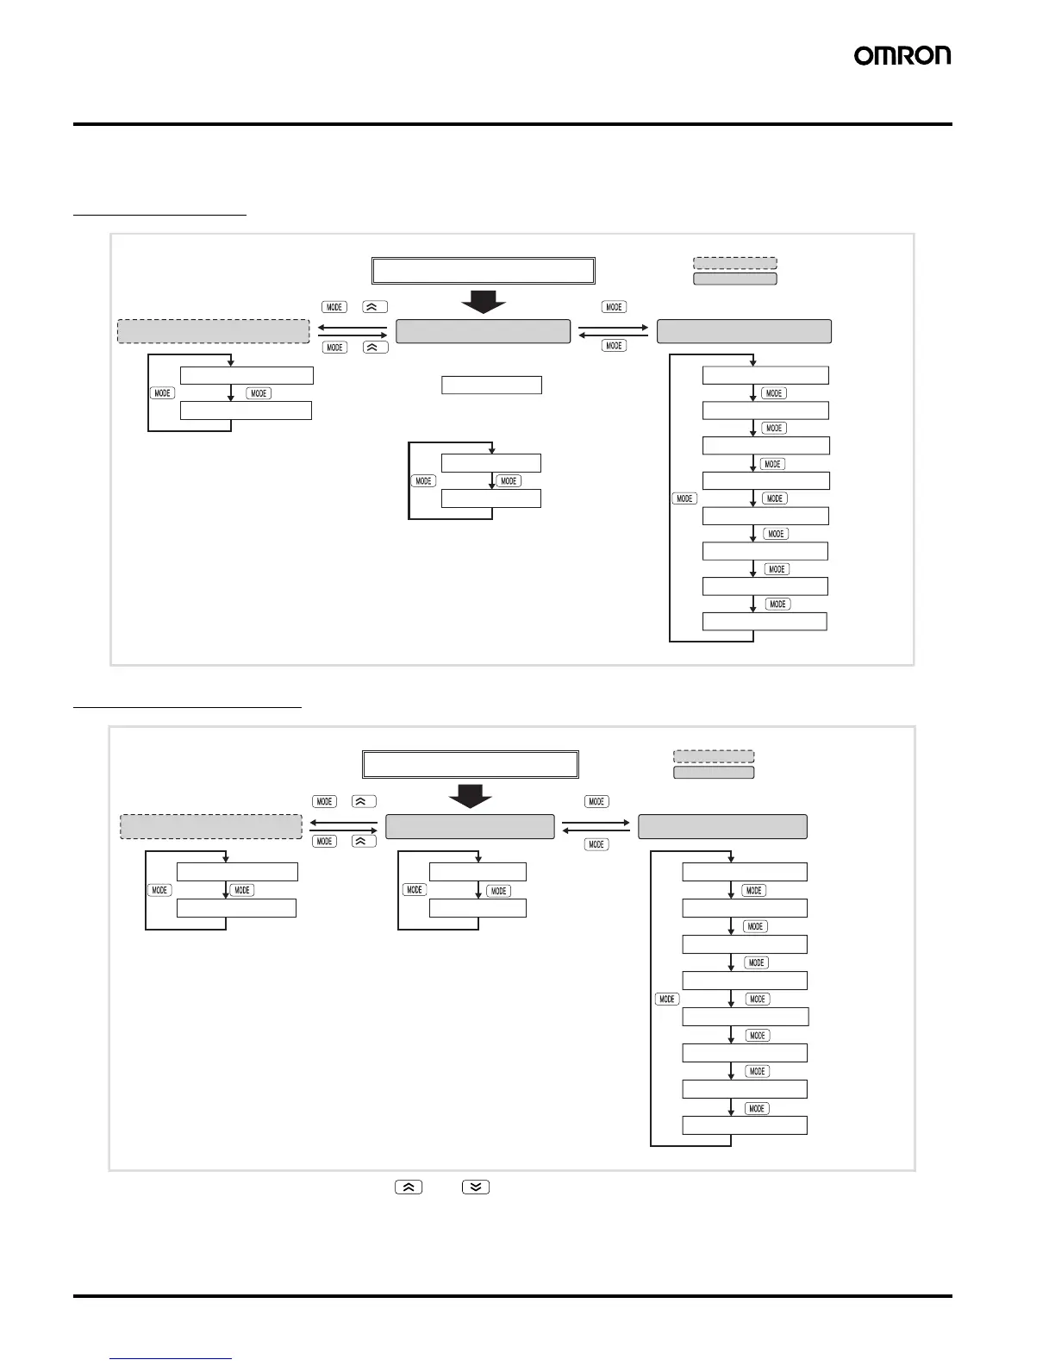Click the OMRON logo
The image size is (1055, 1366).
pos(902,56)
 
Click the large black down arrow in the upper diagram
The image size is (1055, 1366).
pos(483,300)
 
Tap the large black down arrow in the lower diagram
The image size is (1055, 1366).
pos(471,795)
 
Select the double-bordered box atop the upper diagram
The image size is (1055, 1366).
pos(483,271)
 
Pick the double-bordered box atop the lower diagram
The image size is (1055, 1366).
pos(470,765)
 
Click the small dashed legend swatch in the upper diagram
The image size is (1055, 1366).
pos(734,263)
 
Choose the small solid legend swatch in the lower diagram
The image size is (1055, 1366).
pos(713,773)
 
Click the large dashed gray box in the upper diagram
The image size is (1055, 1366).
pos(213,331)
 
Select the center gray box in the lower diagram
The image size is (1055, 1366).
pos(470,826)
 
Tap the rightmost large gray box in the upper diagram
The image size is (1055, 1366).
pos(744,331)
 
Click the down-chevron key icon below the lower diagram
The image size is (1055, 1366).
pos(476,1187)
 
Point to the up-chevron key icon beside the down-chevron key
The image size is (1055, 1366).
pos(409,1187)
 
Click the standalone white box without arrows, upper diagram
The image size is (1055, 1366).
pos(491,385)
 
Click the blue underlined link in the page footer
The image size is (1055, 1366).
pos(171,1357)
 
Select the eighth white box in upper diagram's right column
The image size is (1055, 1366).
pos(765,621)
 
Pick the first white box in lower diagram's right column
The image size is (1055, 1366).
pos(744,872)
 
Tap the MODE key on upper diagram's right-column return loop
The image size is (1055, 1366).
pos(684,498)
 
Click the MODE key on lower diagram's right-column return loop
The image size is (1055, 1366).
pos(667,999)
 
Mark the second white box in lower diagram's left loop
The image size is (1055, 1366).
pos(236,908)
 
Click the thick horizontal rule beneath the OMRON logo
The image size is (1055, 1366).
pos(512,124)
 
